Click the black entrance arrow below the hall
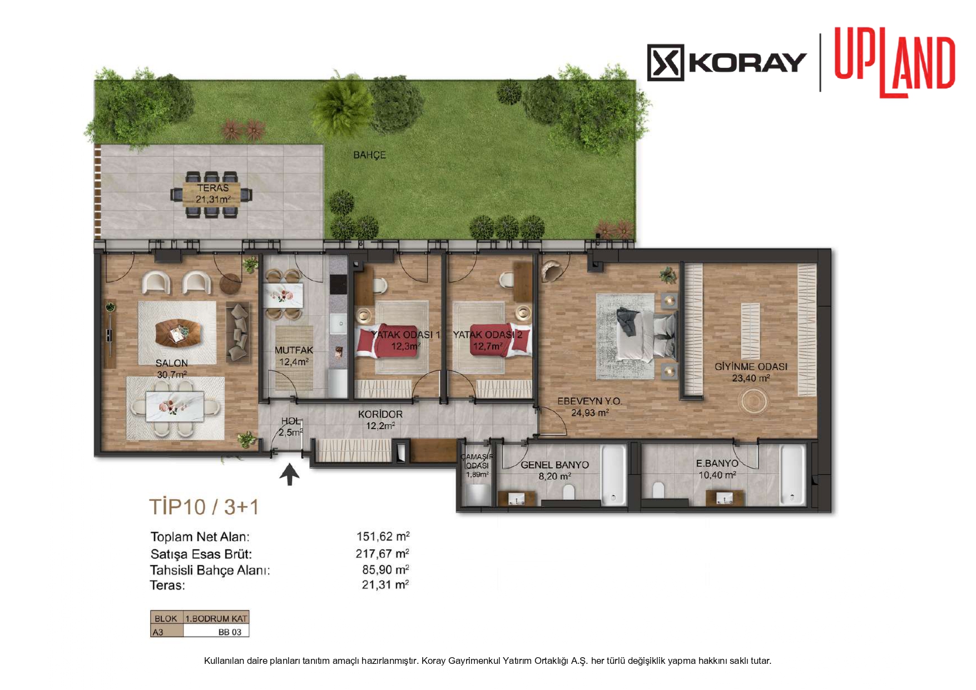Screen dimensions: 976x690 [289, 474]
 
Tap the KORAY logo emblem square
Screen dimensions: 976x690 [665, 62]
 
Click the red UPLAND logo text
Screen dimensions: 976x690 [894, 65]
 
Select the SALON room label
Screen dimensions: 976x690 [172, 363]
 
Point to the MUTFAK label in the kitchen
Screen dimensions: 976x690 [294, 350]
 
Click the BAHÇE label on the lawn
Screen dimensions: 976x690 [369, 155]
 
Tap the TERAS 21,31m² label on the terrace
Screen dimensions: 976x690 [213, 193]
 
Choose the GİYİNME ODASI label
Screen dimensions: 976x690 [751, 367]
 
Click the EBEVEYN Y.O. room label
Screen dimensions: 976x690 [589, 401]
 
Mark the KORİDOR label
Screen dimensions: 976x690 [380, 414]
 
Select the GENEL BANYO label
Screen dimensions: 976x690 [554, 465]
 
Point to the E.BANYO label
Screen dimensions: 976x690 [717, 463]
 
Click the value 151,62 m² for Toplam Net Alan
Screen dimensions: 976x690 [383, 537]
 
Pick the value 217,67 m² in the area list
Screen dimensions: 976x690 [382, 554]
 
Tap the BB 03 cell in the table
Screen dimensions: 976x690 [230, 632]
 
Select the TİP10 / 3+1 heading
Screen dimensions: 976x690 [204, 507]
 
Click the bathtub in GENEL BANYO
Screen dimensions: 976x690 [614, 474]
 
